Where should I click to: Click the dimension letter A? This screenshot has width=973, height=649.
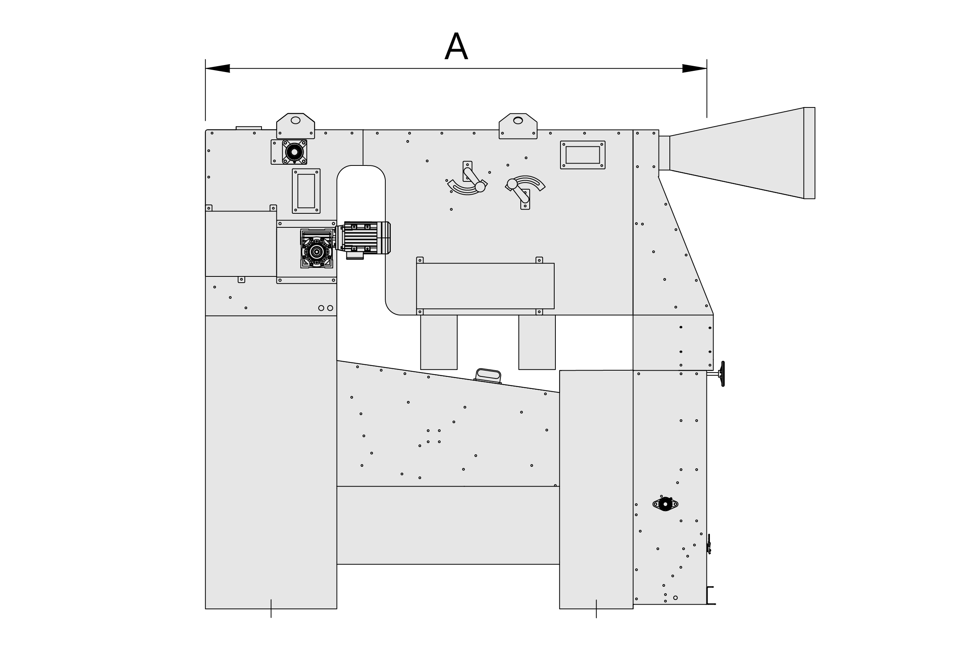[456, 46]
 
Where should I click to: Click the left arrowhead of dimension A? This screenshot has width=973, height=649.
[218, 68]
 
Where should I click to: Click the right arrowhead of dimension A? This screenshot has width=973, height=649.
[695, 68]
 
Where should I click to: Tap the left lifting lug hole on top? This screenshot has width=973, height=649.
[295, 120]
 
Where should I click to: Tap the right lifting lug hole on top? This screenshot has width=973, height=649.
[518, 120]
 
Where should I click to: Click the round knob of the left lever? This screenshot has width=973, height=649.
[480, 187]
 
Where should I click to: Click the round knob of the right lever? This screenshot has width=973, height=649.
[512, 184]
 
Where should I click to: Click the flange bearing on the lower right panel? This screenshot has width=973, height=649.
[665, 504]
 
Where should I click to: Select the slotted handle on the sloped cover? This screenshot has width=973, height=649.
[488, 376]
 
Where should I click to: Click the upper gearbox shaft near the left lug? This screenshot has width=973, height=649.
[295, 152]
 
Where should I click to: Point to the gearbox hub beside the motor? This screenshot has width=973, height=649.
[317, 252]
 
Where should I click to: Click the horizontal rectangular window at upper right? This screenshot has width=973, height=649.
[583, 155]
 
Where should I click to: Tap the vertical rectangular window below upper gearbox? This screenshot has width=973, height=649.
[306, 191]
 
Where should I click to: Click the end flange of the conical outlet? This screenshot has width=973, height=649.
[809, 153]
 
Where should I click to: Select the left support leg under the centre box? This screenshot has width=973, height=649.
[439, 342]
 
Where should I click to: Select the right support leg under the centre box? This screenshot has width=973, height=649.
[537, 342]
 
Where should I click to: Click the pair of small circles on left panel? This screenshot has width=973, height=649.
[326, 308]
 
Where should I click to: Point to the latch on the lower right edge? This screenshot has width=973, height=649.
[709, 544]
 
